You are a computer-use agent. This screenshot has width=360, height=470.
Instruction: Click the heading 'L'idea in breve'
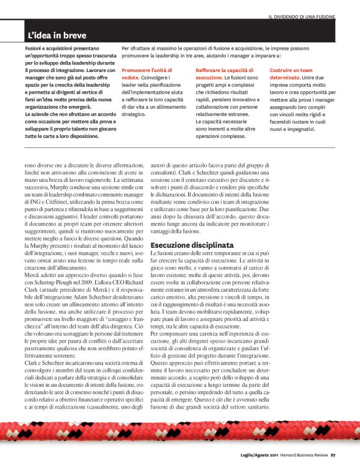coord(57,35)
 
